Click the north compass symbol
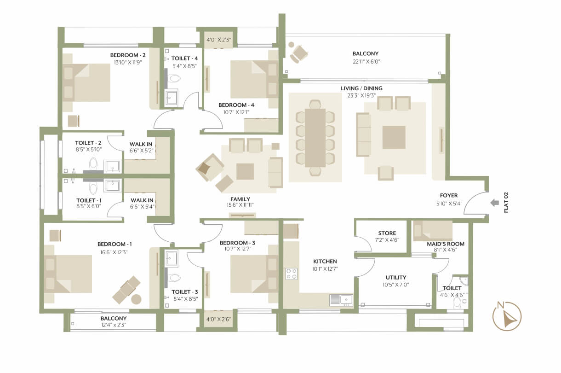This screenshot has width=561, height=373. tap(507, 316)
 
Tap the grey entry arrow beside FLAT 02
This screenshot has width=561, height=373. tap(495, 203)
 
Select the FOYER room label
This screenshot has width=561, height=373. tap(449, 195)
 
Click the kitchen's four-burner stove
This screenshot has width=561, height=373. tap(292, 274)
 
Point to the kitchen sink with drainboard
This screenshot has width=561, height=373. tap(341, 300)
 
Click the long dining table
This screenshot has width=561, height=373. tap(315, 138)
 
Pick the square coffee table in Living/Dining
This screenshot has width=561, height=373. tap(394, 138)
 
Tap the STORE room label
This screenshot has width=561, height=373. tap(387, 233)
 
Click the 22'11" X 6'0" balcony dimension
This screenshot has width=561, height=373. tap(366, 62)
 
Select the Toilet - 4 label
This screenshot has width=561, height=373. tap(184, 58)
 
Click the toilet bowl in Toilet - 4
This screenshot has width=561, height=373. tap(174, 78)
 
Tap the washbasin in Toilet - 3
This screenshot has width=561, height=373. tap(172, 258)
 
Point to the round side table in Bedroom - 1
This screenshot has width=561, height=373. tap(136, 299)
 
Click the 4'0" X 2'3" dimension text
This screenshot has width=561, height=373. tap(218, 40)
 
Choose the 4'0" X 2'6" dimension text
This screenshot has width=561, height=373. tap(218, 319)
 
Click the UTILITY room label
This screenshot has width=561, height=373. tap(396, 277)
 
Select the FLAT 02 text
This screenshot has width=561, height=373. tap(506, 203)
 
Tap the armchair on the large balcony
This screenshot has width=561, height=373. tap(299, 54)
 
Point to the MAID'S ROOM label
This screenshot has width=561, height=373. tap(446, 244)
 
